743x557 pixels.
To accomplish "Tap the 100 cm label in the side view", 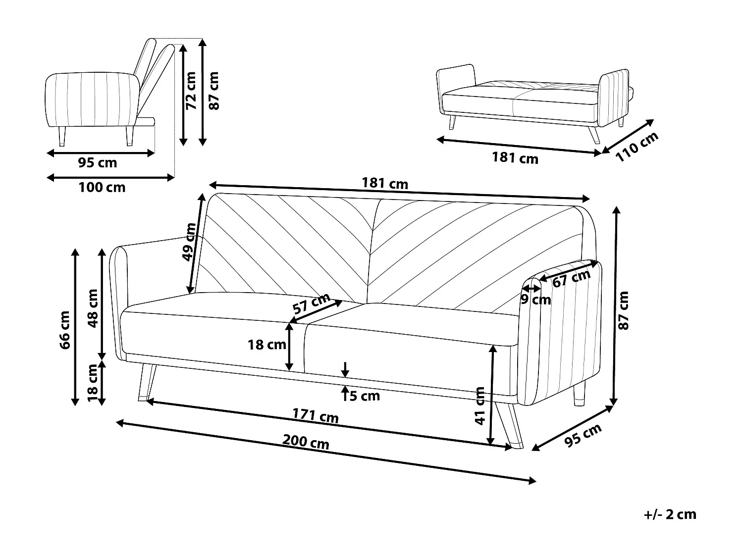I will (102, 187).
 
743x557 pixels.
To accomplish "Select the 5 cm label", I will (365, 396).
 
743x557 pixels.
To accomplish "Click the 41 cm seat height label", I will (479, 406).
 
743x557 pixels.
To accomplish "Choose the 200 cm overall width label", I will (306, 442).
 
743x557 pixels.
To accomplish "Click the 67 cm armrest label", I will (571, 279).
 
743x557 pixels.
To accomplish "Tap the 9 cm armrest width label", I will (535, 300).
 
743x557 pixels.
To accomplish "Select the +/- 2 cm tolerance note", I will (670, 514).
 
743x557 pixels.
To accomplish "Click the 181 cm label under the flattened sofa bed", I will (515, 158).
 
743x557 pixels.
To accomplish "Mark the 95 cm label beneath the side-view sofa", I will (98, 162).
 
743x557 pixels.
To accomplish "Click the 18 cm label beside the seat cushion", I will (266, 345).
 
